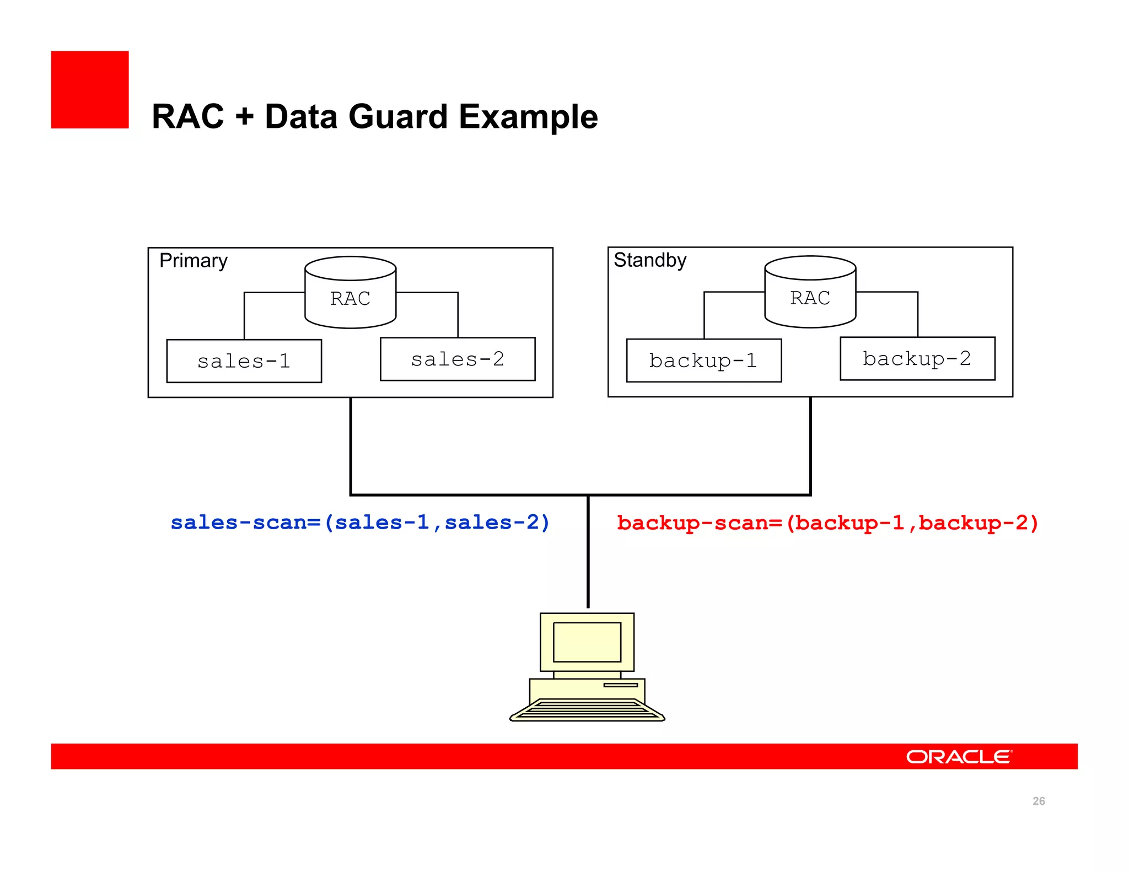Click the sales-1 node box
(244, 361)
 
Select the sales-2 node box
(458, 359)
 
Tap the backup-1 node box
(703, 360)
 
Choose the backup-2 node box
(917, 358)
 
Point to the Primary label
(193, 261)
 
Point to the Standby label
(650, 260)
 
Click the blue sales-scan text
(360, 522)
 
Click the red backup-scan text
(827, 523)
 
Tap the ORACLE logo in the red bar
(959, 757)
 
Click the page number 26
(1039, 801)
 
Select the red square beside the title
(90, 90)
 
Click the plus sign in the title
(244, 117)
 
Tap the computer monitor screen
(587, 642)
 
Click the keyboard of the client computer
(587, 710)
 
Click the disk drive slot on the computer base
(620, 685)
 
